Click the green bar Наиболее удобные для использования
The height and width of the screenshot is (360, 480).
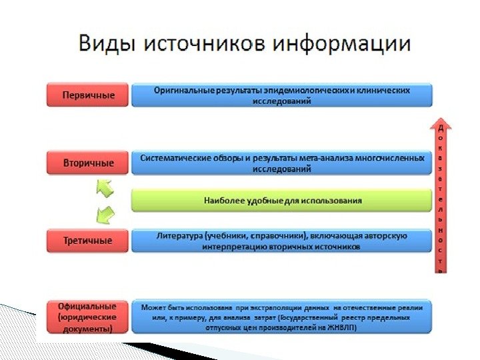pos(282,200)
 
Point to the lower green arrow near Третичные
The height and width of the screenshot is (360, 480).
pos(104,215)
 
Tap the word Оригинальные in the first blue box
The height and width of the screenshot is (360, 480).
pos(180,89)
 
